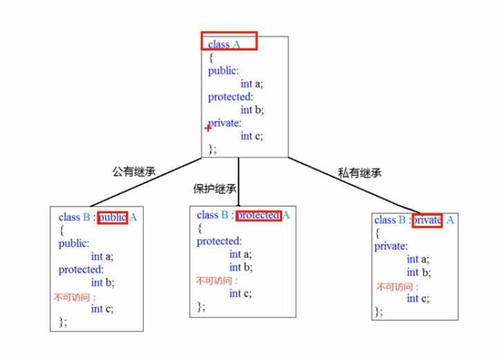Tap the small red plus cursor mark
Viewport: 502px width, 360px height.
tap(208, 128)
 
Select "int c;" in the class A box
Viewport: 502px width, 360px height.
tap(252, 136)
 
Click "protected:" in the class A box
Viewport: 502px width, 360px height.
tap(230, 97)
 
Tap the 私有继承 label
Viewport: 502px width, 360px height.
tap(360, 173)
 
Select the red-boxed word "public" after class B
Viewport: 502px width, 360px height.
tap(112, 218)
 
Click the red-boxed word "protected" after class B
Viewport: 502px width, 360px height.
tap(259, 216)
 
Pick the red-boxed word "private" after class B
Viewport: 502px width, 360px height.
tap(427, 220)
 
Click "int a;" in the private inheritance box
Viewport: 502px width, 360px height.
tap(418, 260)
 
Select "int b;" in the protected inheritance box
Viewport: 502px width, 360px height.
tap(241, 267)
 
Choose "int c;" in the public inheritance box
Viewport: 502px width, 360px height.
tap(102, 309)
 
